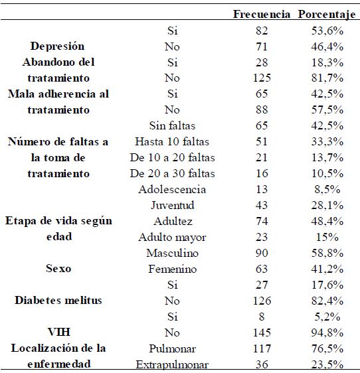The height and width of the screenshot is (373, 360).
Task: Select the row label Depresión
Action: [58, 46]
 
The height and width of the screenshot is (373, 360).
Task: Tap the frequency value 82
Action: [261, 31]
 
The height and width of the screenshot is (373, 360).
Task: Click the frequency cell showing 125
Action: [261, 78]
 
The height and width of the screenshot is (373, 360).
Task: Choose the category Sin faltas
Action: [172, 125]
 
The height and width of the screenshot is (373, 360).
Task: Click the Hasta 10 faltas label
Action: [172, 141]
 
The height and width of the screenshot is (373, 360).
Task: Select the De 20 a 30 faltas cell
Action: [172, 173]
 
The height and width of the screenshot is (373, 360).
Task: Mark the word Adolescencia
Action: [172, 189]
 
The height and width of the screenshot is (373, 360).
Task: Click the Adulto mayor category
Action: [172, 237]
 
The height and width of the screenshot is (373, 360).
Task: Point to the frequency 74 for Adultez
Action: [261, 221]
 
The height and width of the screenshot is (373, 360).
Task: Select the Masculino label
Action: [172, 253]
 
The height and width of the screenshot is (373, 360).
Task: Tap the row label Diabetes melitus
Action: [58, 301]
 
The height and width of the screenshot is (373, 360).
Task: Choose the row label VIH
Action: [58, 333]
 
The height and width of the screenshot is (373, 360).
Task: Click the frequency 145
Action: [261, 333]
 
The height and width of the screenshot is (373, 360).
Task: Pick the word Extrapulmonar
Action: [172, 364]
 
